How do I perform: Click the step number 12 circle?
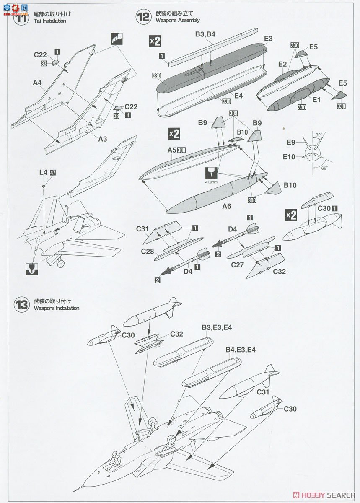(x=143, y=17)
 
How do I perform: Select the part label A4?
(x=37, y=83)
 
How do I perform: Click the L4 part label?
(x=43, y=172)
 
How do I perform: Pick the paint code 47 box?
(x=52, y=172)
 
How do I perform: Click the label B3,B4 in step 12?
(x=205, y=34)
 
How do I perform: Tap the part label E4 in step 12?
(x=238, y=96)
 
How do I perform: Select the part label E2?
(x=282, y=64)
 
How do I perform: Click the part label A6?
(x=227, y=206)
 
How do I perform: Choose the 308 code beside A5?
(x=181, y=150)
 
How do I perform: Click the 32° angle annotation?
(x=319, y=135)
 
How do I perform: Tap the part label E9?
(x=291, y=142)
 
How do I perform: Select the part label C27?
(x=238, y=265)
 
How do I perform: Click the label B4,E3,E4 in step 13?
(x=241, y=350)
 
